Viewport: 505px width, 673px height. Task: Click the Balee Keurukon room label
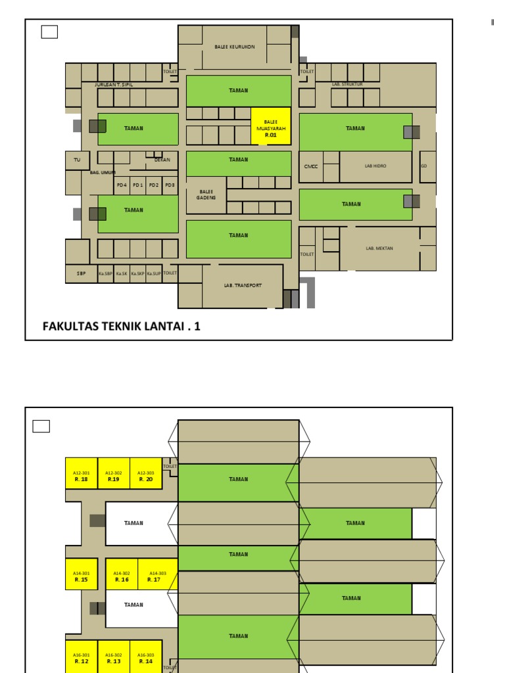[234, 47]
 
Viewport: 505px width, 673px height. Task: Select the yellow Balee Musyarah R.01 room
[270, 128]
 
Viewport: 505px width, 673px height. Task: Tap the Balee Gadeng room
[206, 195]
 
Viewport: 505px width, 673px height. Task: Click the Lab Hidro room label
[375, 166]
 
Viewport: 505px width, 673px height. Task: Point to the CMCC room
[311, 166]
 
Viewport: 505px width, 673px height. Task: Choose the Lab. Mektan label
[379, 248]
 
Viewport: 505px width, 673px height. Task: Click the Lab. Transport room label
[243, 285]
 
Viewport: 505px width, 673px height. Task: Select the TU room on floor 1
[77, 160]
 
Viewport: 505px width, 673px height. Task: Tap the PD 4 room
[122, 185]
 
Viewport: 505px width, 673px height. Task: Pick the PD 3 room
[170, 185]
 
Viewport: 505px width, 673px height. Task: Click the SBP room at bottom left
[81, 273]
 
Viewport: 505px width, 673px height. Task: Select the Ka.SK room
[122, 273]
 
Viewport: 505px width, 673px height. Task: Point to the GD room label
[424, 166]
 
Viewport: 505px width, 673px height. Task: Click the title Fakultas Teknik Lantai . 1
[121, 325]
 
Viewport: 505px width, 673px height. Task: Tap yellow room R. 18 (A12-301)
[81, 476]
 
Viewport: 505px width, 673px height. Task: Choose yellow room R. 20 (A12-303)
[146, 476]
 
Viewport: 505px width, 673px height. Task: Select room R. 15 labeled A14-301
[82, 576]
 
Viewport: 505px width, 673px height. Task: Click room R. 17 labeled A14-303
[158, 576]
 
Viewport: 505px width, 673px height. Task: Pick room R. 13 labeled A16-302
[114, 658]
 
